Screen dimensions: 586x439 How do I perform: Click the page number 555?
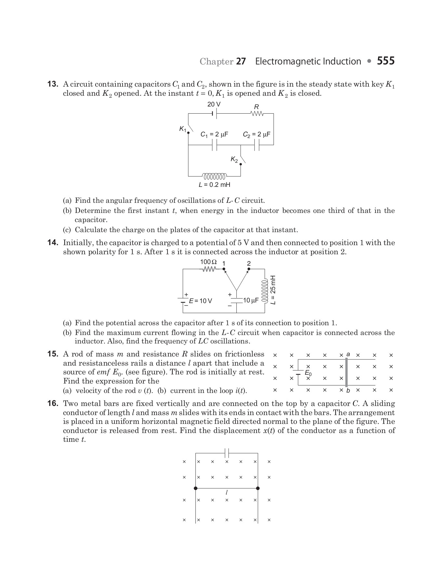tap(386, 61)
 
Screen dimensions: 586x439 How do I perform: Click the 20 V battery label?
tap(214, 105)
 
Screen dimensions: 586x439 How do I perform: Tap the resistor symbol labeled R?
tap(257, 114)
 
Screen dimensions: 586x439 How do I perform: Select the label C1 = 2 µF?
tap(214, 134)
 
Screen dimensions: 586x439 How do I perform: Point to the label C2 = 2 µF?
tap(257, 134)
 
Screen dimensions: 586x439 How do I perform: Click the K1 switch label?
tap(183, 129)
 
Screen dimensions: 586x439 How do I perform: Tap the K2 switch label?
tap(234, 159)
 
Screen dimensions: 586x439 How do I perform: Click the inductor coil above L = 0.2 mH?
tap(214, 177)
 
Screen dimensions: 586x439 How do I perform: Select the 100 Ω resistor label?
tap(208, 262)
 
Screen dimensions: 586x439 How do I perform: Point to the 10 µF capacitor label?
tap(251, 300)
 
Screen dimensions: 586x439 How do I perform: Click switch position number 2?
tap(249, 263)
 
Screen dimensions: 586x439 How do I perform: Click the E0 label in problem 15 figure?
tap(308, 373)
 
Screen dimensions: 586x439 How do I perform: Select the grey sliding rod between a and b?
tap(346, 372)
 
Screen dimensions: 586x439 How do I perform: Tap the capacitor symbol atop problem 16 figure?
tap(227, 453)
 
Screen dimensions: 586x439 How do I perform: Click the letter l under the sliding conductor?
tap(226, 493)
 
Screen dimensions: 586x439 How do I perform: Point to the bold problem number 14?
tap(53, 243)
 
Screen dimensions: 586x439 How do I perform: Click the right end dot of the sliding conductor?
tap(258, 488)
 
